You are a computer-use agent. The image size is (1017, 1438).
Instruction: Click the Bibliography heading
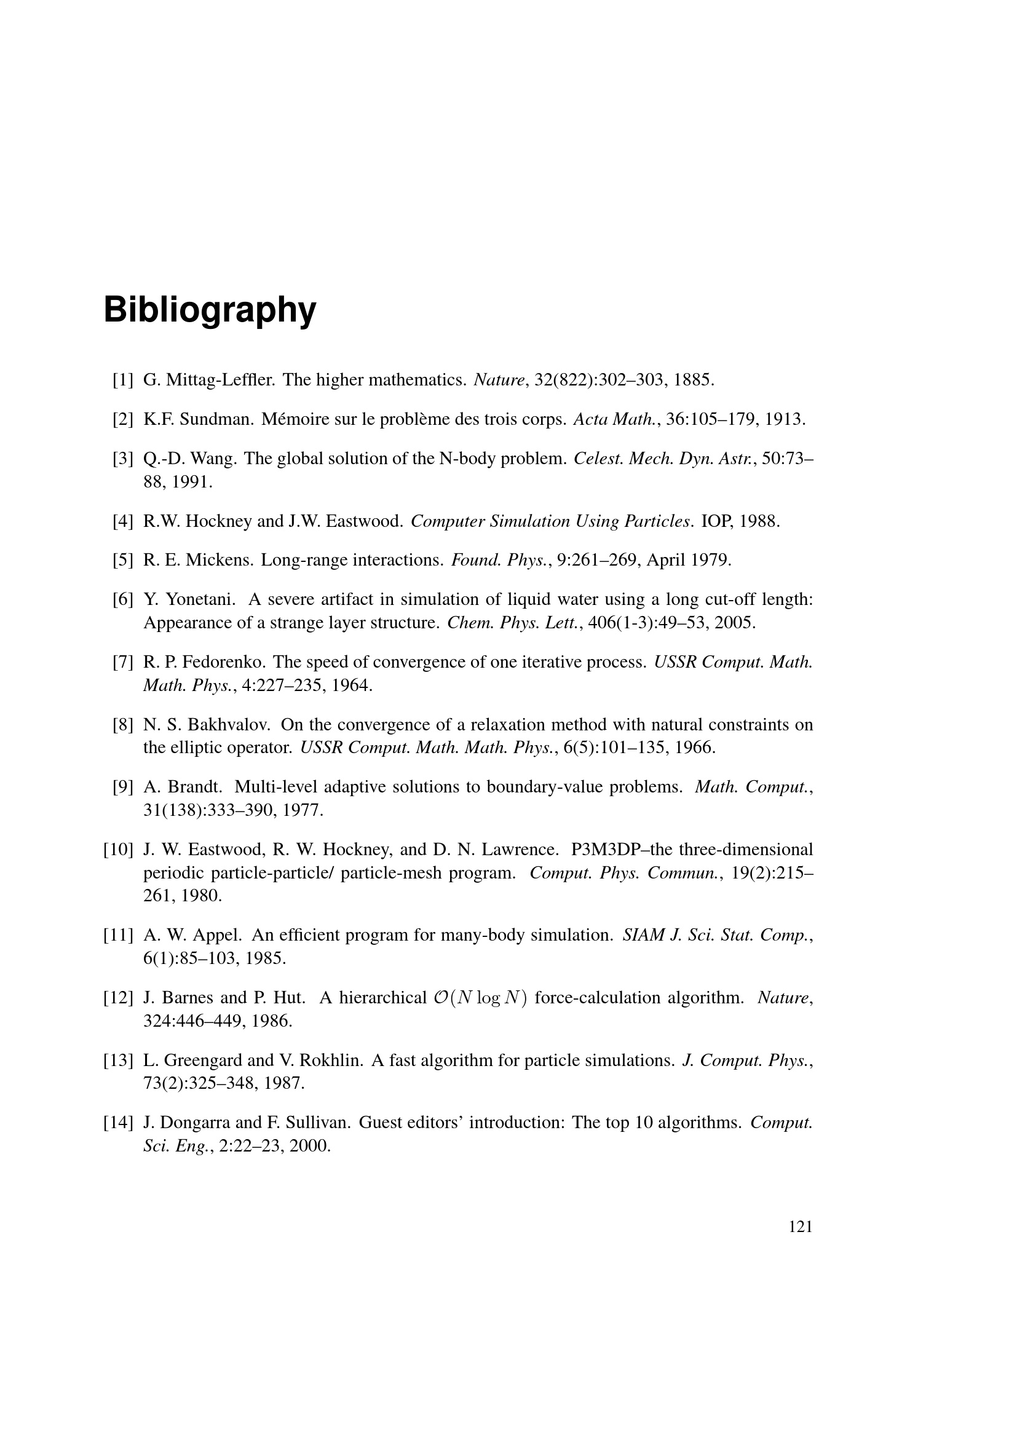pos(210,310)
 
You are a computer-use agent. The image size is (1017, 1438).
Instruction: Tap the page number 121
pos(801,1227)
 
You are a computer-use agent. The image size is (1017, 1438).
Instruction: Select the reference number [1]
pos(123,380)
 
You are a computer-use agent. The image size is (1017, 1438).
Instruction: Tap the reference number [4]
pos(123,521)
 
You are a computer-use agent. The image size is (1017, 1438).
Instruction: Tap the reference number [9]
pos(123,788)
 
